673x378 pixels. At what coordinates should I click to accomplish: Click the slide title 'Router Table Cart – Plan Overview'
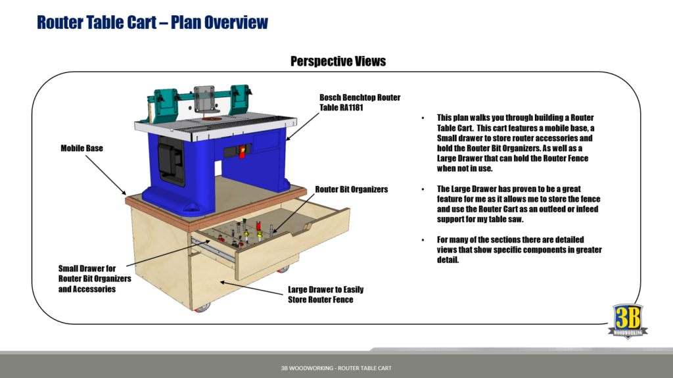pos(152,22)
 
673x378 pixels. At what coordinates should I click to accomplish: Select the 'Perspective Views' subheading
pos(338,61)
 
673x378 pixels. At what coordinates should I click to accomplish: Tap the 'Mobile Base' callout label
pos(82,149)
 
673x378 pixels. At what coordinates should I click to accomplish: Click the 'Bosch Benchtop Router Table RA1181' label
pos(360,103)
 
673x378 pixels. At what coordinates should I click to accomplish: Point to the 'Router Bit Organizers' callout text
pos(352,189)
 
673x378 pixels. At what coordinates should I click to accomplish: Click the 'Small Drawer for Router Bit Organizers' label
pos(95,278)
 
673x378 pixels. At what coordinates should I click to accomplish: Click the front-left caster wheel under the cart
pos(203,306)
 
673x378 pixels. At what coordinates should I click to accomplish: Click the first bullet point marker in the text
pos(423,118)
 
